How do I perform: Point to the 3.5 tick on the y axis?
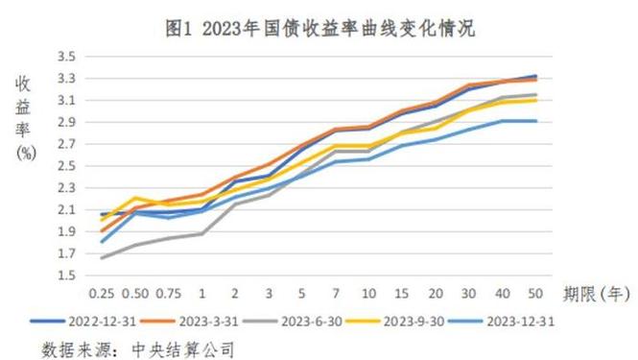tap(66, 56)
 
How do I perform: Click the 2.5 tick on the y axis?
tap(66, 166)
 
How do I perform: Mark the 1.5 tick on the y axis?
tap(66, 276)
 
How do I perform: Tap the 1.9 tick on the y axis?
tap(66, 232)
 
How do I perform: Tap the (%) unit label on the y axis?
tap(26, 155)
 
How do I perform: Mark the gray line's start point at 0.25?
tap(102, 257)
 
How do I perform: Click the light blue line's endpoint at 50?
tap(535, 121)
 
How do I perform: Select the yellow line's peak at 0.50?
tap(135, 198)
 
